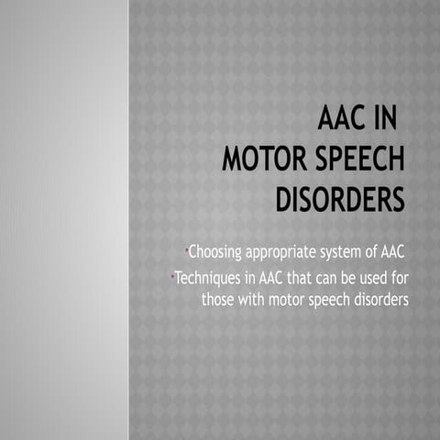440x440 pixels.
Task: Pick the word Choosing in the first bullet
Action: [x=214, y=253]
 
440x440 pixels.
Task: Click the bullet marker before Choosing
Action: [x=185, y=248]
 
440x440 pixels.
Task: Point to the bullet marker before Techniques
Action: [x=172, y=274]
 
